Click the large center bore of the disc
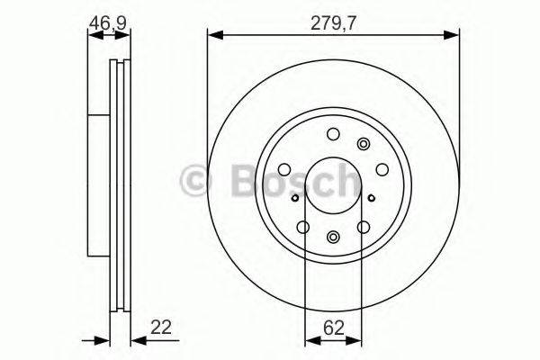pyautogui.click(x=334, y=184)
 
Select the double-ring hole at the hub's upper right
pyautogui.click(x=364, y=143)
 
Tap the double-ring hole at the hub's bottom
pyautogui.click(x=334, y=237)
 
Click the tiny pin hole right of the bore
pyautogui.click(x=371, y=193)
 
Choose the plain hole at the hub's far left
pyautogui.click(x=283, y=168)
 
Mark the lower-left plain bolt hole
pyautogui.click(x=303, y=227)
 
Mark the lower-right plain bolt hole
pyautogui.click(x=364, y=227)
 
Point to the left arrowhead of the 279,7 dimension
pyautogui.click(x=213, y=36)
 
